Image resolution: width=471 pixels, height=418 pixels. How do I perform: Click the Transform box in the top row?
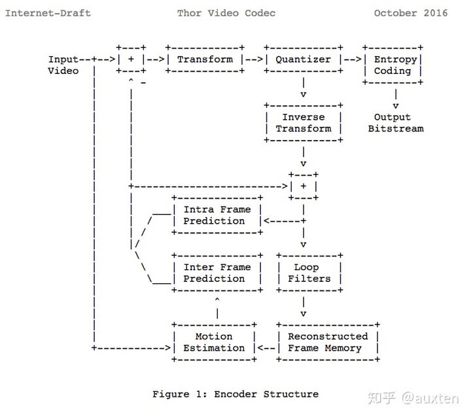click(205, 59)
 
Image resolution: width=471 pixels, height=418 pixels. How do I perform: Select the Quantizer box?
click(303, 59)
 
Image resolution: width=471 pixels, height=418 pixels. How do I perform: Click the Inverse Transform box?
click(303, 123)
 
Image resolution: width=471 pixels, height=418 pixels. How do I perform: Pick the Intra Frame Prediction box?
click(217, 215)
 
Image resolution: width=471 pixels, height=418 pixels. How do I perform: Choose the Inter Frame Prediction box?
click(217, 273)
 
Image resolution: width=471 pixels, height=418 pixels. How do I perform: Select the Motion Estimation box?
click(214, 342)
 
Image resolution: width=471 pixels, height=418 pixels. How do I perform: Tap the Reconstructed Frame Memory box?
click(328, 342)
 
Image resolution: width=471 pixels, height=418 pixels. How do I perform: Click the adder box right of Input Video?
click(131, 59)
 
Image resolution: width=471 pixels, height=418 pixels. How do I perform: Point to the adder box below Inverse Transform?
click(303, 186)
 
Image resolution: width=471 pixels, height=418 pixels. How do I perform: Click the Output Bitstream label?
click(395, 123)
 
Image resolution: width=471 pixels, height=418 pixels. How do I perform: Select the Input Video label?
click(64, 65)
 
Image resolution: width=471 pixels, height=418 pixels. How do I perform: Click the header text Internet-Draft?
click(48, 13)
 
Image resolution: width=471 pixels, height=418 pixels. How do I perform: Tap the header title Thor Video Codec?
click(226, 13)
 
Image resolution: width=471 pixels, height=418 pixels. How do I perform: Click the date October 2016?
click(411, 13)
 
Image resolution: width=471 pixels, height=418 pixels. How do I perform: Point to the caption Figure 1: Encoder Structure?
click(235, 394)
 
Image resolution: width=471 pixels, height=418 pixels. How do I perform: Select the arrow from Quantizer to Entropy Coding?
click(353, 59)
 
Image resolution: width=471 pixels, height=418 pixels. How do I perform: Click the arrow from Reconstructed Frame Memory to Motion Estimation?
click(266, 348)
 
